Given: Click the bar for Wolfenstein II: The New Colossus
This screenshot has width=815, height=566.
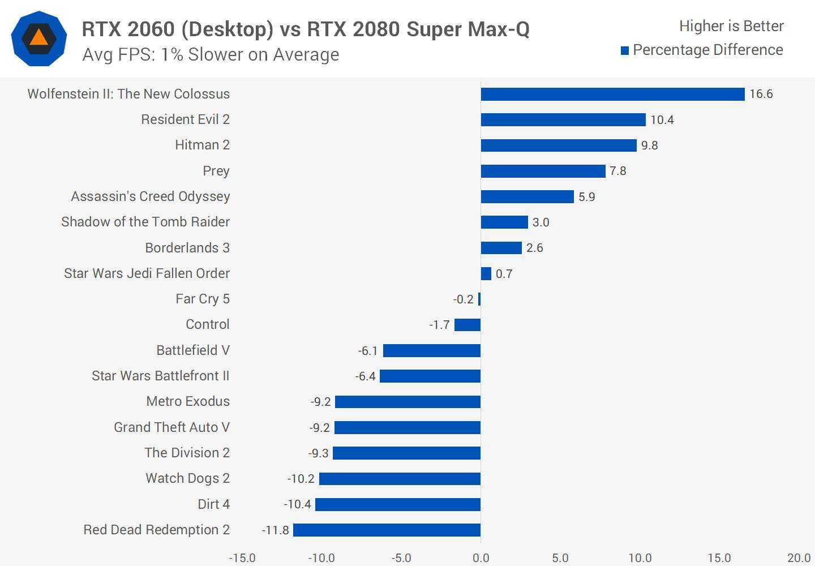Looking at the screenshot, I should (x=612, y=94).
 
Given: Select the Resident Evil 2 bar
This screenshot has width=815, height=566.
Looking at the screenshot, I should (x=563, y=119).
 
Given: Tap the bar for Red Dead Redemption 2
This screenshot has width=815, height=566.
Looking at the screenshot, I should (x=387, y=530).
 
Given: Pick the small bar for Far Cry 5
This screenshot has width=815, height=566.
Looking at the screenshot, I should (x=479, y=299).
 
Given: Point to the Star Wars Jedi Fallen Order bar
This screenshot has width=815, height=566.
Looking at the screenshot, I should (x=486, y=273).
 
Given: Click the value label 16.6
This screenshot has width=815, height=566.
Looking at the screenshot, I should (x=761, y=94).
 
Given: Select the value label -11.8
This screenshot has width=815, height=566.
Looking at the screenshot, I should (x=276, y=530).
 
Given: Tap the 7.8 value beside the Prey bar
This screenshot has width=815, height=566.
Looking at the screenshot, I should (x=617, y=171).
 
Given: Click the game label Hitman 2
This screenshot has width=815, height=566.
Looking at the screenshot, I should (x=202, y=145).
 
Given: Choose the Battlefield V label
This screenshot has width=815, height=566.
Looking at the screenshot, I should (x=193, y=350).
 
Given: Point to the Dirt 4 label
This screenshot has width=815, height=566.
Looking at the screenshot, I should (x=213, y=504).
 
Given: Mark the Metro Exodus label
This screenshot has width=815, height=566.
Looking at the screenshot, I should (x=188, y=401).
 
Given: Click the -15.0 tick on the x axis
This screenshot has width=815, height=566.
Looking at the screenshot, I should (x=242, y=558).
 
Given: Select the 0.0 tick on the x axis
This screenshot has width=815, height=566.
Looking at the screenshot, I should (x=481, y=558).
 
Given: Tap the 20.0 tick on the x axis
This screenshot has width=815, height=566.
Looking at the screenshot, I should (x=799, y=558).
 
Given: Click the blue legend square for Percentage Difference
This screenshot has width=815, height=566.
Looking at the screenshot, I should (x=625, y=51).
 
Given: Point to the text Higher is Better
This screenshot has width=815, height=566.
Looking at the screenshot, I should (x=731, y=26).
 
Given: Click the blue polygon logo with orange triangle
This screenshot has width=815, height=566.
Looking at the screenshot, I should (x=39, y=38).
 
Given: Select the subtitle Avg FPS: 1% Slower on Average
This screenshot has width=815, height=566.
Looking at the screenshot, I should (x=211, y=54).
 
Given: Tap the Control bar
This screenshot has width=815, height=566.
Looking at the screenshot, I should (x=467, y=325).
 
